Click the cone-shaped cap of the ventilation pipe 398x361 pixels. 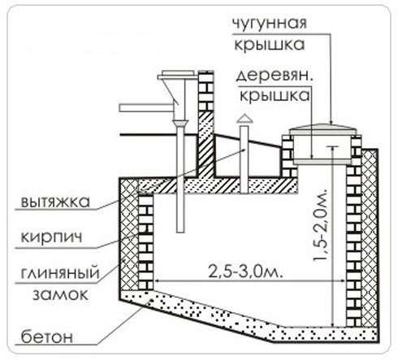(242, 120)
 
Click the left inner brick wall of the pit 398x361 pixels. (146, 244)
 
